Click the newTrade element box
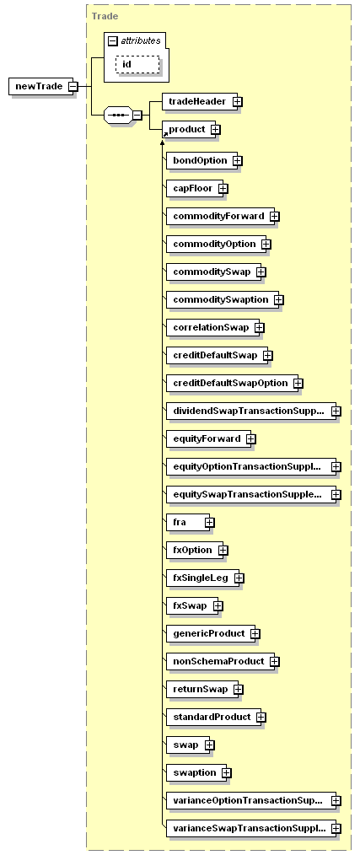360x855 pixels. tap(40, 86)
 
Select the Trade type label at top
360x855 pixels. tap(105, 16)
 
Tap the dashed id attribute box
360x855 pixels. tap(137, 64)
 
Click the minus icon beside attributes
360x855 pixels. tap(114, 41)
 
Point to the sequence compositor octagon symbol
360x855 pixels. tap(118, 115)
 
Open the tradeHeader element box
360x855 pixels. tap(200, 101)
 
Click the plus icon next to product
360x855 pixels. tap(216, 130)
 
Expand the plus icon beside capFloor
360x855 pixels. tap(223, 189)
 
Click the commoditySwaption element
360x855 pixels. tap(223, 299)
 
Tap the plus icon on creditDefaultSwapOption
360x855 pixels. tap(298, 384)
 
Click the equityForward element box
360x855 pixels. tap(209, 438)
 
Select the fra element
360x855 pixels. tap(188, 522)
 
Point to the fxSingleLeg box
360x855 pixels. tap(202, 578)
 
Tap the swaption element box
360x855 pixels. tap(196, 772)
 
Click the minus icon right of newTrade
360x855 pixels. tap(73, 86)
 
